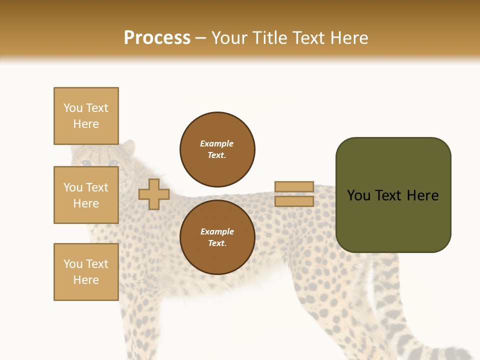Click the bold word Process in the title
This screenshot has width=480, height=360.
point(157,37)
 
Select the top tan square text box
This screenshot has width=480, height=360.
point(86,116)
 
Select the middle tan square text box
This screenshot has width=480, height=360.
point(86,195)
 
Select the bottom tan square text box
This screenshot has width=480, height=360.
point(86,272)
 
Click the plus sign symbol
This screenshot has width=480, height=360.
point(153,194)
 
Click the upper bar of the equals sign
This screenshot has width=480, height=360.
point(294,186)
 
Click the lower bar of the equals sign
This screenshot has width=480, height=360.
point(294,201)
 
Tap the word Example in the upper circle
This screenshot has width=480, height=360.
point(216,143)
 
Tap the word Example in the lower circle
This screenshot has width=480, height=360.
point(217,231)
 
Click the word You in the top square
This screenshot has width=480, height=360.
point(73,108)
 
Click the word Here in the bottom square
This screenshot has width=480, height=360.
point(86,280)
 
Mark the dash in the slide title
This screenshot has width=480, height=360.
point(200,38)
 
